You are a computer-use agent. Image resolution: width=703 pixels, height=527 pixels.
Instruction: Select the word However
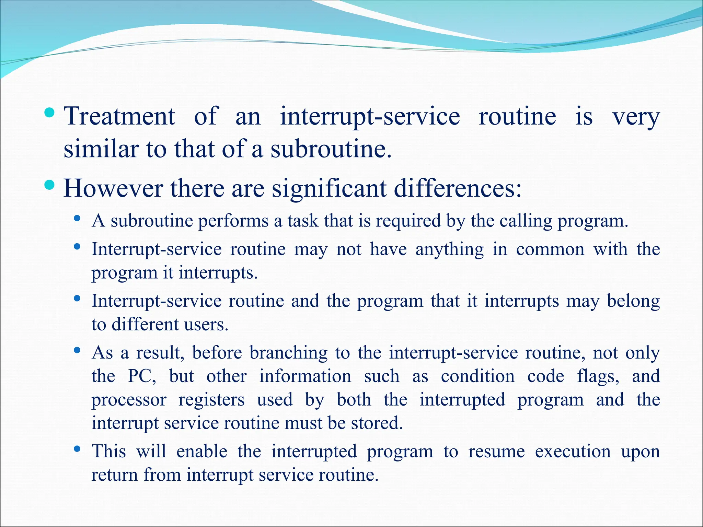pos(113,188)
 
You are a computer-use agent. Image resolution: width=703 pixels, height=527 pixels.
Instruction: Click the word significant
pos(329,189)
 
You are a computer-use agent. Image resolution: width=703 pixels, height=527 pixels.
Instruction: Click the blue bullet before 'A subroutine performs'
pos(77,218)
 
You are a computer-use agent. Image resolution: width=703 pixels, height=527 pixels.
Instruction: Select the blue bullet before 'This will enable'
pos(77,448)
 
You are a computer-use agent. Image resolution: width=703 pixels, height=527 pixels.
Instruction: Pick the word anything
pos(450,249)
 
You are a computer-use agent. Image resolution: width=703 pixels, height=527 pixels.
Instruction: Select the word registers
pos(211,400)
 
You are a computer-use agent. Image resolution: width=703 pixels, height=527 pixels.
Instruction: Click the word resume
pos(496,452)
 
